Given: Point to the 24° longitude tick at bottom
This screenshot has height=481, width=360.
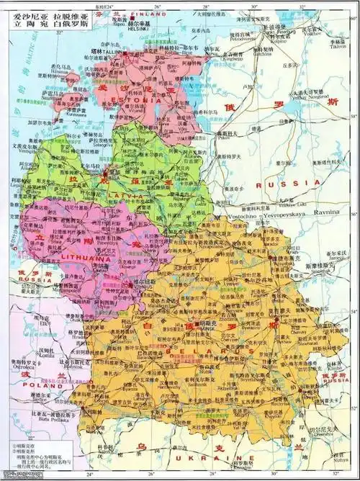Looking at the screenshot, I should coord(89,475).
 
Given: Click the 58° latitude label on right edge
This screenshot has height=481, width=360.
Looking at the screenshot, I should coord(354,115).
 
